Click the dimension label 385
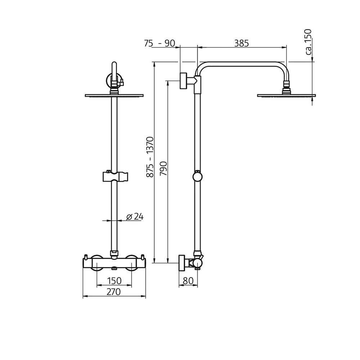[242, 43]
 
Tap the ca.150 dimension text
[309, 42]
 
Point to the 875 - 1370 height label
[150, 157]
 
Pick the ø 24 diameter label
[135, 216]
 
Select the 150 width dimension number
[114, 280]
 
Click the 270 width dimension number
[114, 292]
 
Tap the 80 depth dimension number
[188, 281]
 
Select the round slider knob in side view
[197, 176]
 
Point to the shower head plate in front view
[114, 96]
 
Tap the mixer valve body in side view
[197, 263]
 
